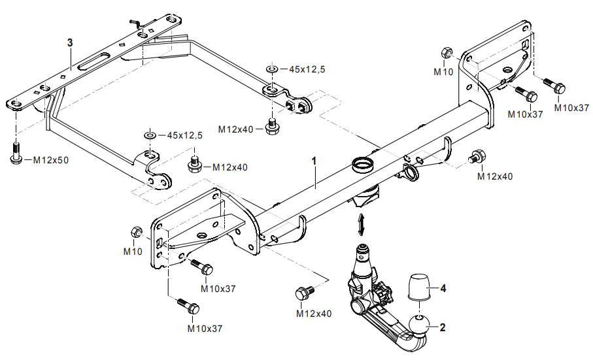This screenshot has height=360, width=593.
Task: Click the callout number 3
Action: click(x=69, y=42)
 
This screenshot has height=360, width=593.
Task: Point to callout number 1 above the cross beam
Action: click(x=314, y=160)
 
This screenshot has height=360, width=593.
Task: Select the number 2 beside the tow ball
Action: click(x=443, y=327)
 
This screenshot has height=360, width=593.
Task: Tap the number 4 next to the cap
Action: click(x=443, y=287)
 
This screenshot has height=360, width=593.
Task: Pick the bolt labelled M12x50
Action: click(x=16, y=151)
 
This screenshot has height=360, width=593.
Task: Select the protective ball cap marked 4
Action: click(x=420, y=286)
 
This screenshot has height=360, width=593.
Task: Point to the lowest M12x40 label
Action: click(x=313, y=314)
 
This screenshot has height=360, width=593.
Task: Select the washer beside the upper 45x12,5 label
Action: click(x=272, y=68)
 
